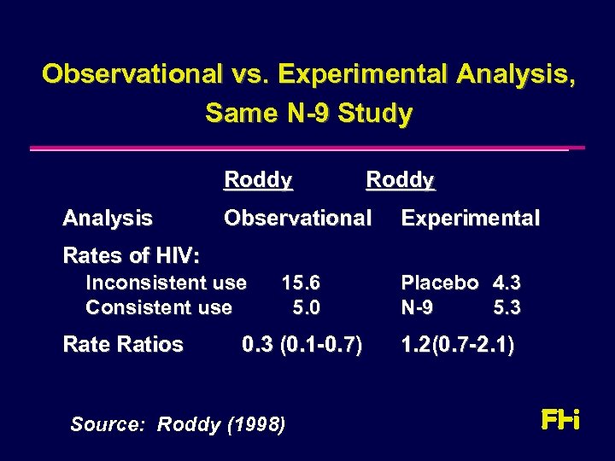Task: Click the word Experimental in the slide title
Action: coord(363,74)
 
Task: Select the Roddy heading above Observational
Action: coord(258,180)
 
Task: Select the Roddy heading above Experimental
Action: coord(400,180)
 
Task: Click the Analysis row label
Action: coord(108,219)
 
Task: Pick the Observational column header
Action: coord(297,219)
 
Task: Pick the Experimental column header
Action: coord(471,219)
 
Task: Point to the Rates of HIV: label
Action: coord(132,255)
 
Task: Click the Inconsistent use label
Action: coord(166,283)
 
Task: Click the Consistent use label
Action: coord(158,306)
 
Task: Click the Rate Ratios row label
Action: coord(123,345)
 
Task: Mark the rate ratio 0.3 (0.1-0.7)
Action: coord(302,345)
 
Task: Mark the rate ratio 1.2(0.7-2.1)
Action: coord(458,345)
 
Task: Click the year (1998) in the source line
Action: coord(255,424)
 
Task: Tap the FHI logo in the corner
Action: coord(560,420)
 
